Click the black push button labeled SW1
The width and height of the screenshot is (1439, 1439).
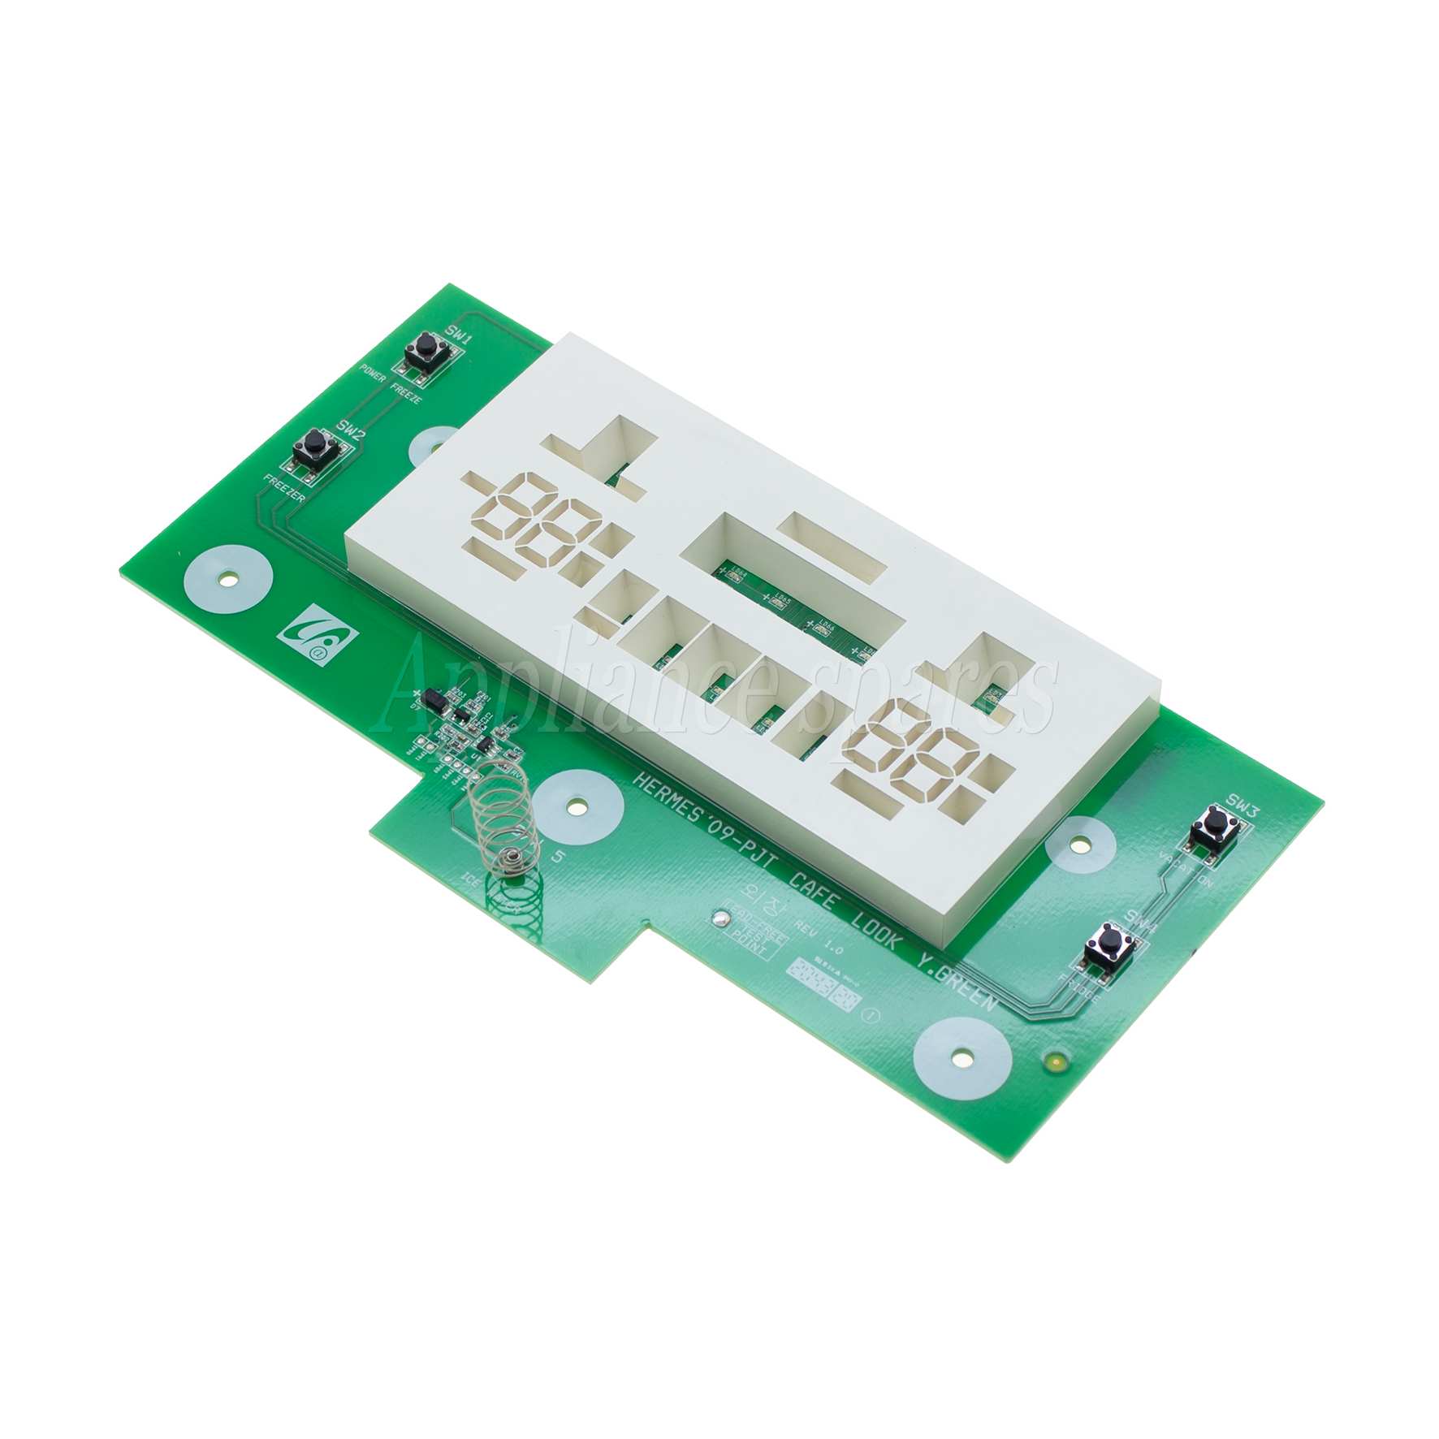click(422, 351)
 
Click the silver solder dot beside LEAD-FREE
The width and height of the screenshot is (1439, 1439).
click(717, 919)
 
